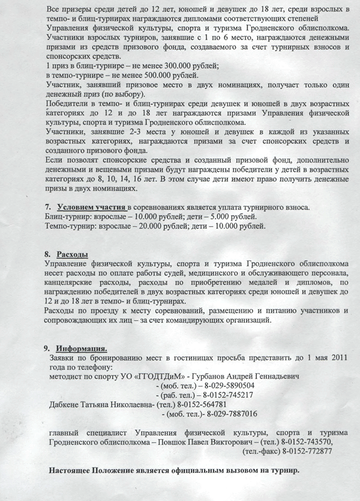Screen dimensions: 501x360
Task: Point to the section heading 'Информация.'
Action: [x=82, y=347]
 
